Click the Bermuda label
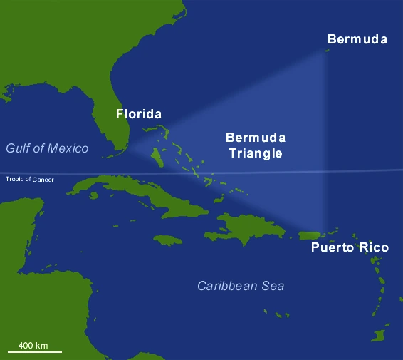point(357,39)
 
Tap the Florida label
point(139,114)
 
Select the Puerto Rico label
point(350,248)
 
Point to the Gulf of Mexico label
point(47,148)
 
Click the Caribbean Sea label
point(241,286)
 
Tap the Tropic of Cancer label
point(30,179)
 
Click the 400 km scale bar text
point(33,345)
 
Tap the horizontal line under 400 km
point(35,351)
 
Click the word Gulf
point(19,148)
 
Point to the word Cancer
point(43,179)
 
